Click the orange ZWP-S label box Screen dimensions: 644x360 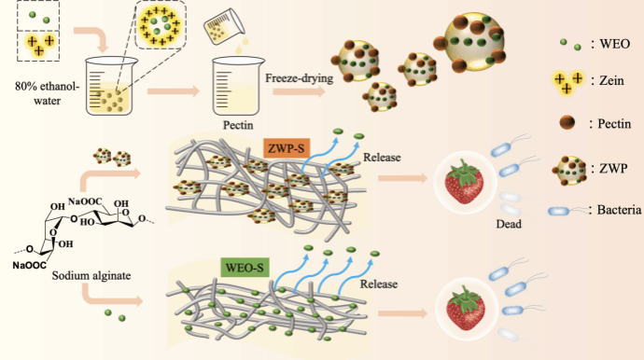287,148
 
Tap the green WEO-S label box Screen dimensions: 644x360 245,268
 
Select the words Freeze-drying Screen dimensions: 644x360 299,78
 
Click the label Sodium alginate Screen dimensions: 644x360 91,275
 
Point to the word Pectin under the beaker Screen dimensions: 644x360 238,125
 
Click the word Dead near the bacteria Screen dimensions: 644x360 509,224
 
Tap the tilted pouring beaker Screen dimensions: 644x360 224,27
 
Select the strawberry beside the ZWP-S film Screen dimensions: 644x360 464,181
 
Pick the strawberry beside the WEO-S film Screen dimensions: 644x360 466,309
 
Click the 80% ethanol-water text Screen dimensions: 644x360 48,93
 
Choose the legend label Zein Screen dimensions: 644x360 611,80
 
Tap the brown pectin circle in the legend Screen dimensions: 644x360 567,122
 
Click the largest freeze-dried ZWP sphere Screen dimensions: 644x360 470,41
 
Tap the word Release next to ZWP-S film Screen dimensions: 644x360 382,158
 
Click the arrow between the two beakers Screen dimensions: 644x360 174,91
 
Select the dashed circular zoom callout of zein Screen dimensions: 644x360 161,24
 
